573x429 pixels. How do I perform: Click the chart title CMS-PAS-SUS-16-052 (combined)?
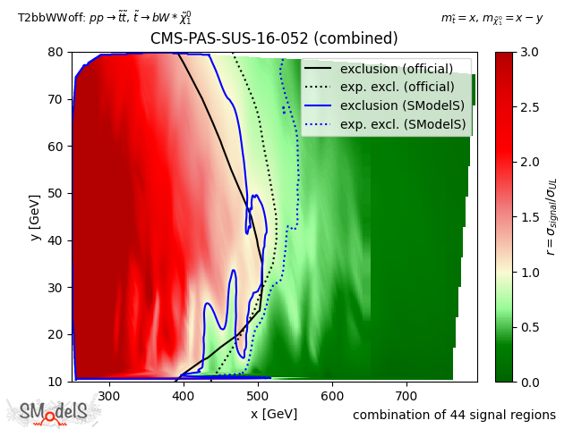pos(274,38)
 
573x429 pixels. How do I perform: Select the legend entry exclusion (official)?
pos(396,69)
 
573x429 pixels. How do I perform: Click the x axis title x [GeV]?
pos(274,414)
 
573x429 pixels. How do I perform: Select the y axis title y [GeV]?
pos(35,216)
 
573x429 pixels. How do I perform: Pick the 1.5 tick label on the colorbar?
pos(528,217)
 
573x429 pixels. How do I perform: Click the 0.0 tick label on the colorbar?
pos(528,382)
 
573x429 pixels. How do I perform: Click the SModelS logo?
pos(54,412)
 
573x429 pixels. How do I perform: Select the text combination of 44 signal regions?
pos(454,415)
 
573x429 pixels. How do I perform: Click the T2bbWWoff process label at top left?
pos(104,17)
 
